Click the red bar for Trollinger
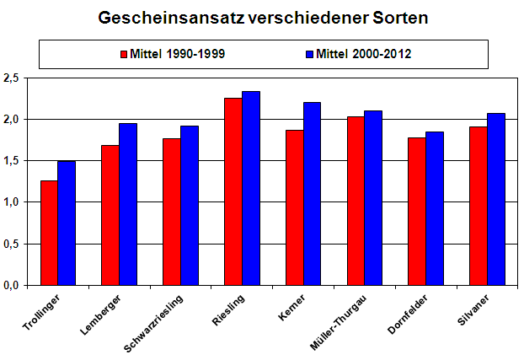click(49, 233)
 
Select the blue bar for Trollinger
click(67, 223)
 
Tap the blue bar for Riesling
click(251, 188)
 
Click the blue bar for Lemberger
click(128, 204)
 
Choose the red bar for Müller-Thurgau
click(356, 201)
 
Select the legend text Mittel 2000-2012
click(364, 54)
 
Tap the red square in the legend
click(123, 54)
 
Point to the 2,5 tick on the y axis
click(11, 78)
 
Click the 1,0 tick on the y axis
click(11, 202)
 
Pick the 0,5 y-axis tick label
click(11, 244)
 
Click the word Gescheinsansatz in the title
click(163, 17)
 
